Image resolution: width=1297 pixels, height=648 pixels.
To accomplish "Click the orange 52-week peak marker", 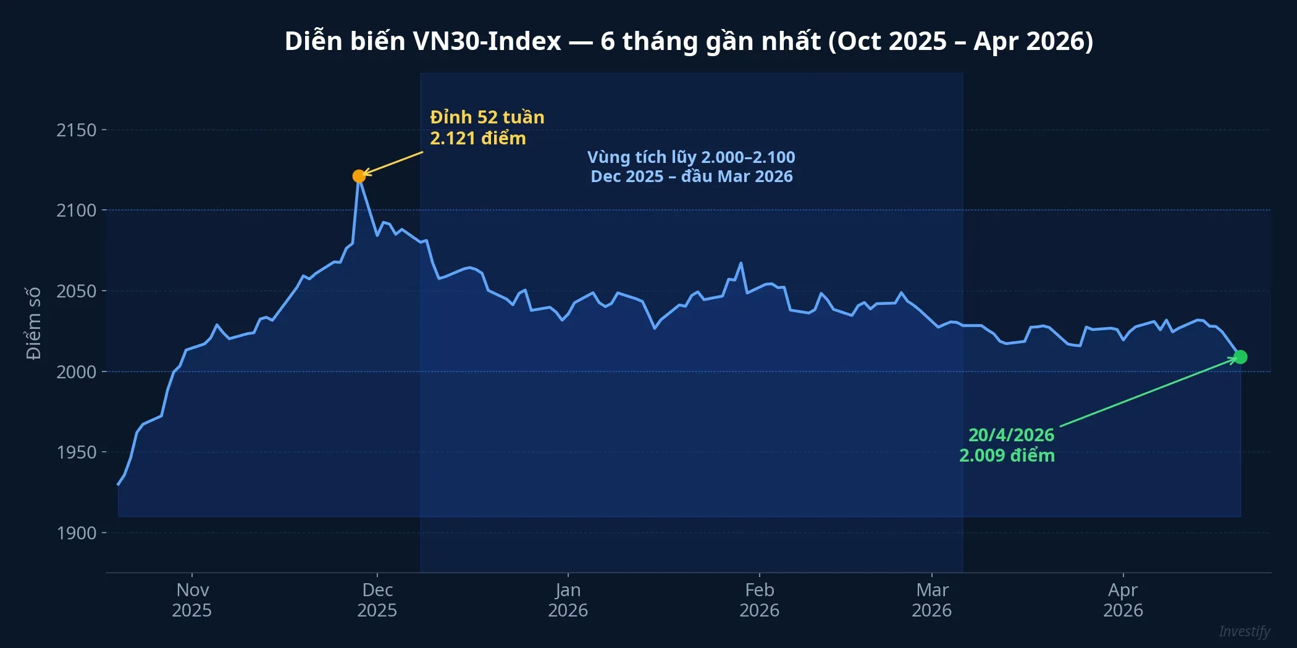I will (x=359, y=177).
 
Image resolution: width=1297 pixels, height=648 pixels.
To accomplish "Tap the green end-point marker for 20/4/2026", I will (x=1240, y=357).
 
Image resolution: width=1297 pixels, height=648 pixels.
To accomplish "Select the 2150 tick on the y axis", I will (x=77, y=130).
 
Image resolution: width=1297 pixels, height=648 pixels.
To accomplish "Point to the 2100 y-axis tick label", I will (x=77, y=210).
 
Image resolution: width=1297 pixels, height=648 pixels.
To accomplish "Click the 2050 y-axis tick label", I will (x=77, y=291).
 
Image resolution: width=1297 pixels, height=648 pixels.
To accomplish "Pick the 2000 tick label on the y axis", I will (x=77, y=372).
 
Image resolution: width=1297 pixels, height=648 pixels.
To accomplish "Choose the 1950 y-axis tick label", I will (x=77, y=452).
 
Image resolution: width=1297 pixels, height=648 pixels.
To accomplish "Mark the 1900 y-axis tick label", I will (x=77, y=533).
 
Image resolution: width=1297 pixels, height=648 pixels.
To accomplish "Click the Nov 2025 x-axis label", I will (x=192, y=600).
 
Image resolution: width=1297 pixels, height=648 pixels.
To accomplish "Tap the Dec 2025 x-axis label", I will (x=377, y=600).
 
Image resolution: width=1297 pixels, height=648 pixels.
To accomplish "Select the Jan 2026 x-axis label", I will (x=568, y=600).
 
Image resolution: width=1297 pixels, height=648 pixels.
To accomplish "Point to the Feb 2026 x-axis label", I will (x=760, y=600).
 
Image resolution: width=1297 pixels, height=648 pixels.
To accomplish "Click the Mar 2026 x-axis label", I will (x=932, y=600).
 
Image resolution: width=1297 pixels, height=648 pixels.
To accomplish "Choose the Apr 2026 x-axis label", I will (x=1123, y=600).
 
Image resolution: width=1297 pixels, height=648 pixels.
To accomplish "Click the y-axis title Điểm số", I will (x=33, y=323).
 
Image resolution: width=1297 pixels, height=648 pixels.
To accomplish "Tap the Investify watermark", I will (x=1245, y=631).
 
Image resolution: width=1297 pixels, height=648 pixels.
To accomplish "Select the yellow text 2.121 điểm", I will (x=478, y=138).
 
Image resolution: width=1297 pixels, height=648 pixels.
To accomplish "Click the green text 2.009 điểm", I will (x=1007, y=455).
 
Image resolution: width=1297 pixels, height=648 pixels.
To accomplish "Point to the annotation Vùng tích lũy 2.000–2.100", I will (x=691, y=157).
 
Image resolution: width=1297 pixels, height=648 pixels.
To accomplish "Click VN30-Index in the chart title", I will (x=487, y=41).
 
